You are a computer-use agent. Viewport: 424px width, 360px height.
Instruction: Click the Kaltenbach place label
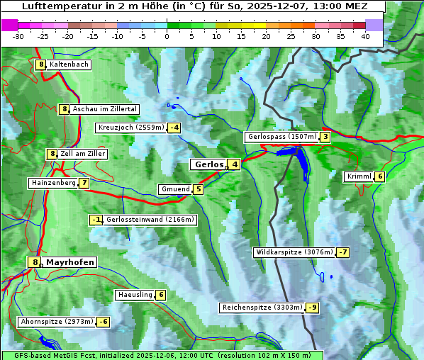point(69,64)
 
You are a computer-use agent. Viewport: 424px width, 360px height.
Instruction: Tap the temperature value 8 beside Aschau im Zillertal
point(64,109)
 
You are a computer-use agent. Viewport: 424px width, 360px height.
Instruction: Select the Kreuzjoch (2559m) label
point(130,128)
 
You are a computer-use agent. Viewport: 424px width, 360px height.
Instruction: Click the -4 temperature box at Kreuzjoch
point(174,128)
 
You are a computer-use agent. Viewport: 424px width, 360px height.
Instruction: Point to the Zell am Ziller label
point(83,154)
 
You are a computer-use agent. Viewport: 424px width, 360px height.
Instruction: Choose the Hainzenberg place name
point(52,183)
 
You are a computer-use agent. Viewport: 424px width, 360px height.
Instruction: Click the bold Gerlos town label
point(208,164)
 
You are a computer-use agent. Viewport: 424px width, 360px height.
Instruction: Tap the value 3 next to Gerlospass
point(325,137)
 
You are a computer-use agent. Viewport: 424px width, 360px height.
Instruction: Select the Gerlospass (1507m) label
point(281,137)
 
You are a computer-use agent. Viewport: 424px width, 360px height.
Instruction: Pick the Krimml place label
point(359,176)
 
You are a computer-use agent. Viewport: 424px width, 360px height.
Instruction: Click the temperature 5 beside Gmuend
point(199,189)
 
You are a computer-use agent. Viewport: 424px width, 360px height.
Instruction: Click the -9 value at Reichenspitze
point(312,308)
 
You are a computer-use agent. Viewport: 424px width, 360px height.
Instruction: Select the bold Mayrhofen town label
point(70,262)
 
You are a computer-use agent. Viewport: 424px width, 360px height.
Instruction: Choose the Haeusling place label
point(135,295)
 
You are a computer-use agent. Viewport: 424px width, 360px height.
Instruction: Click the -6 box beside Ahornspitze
point(104,322)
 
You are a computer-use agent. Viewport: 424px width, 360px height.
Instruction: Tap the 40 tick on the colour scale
point(365,36)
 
